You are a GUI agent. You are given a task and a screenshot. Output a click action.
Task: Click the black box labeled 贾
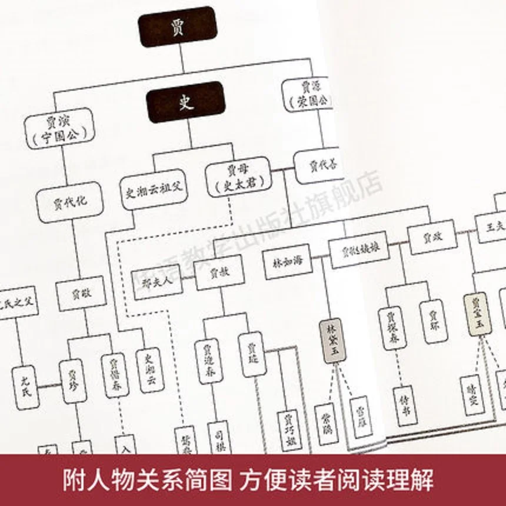[x=177, y=26]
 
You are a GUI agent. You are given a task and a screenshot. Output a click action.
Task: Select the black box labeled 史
[x=186, y=102]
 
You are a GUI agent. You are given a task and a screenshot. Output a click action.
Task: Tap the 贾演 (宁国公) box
[x=59, y=127]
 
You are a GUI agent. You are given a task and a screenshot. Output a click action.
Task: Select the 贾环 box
[x=434, y=321]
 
